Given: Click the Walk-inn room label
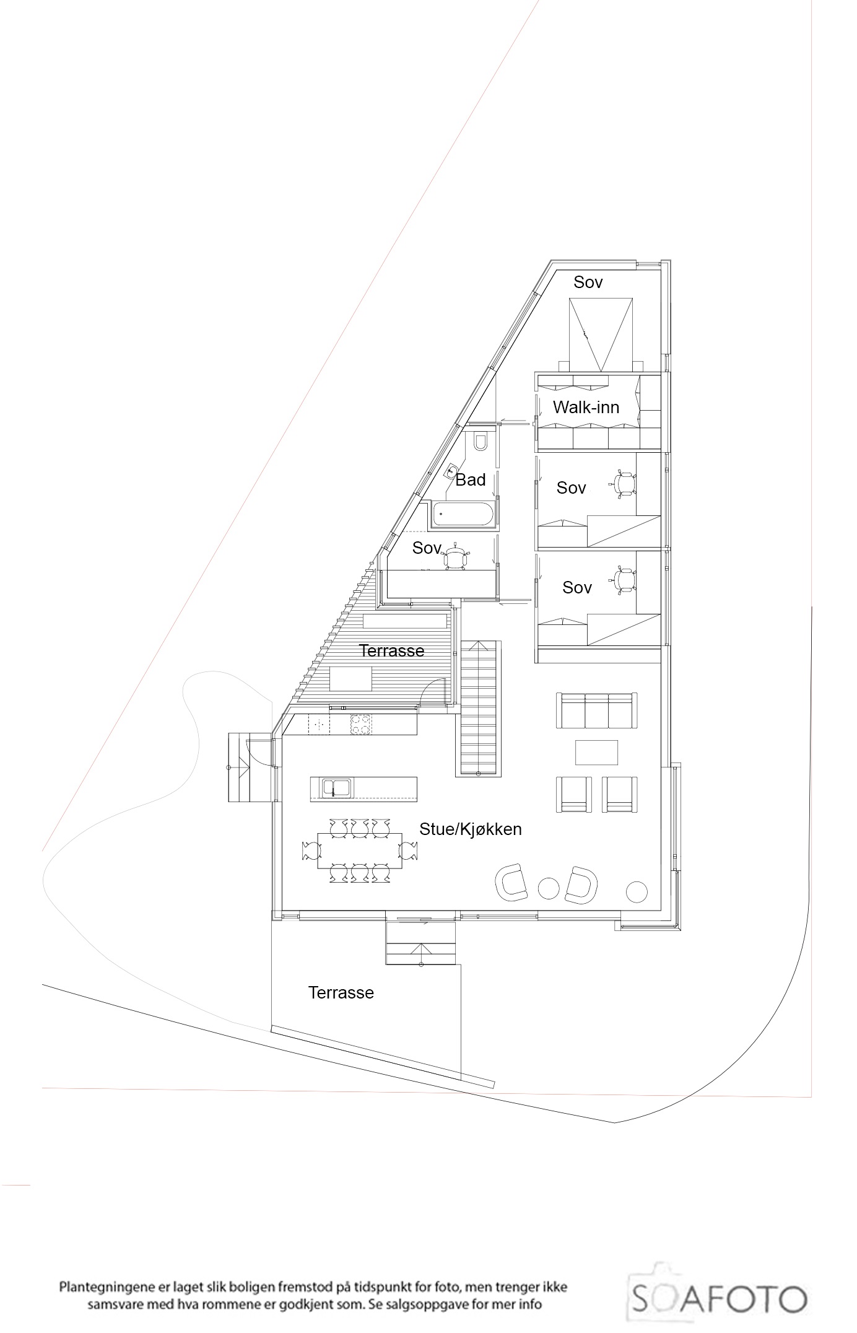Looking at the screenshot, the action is pyautogui.click(x=586, y=408).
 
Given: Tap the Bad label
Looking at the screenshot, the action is pyautogui.click(x=471, y=479).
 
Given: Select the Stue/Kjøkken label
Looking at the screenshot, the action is pyautogui.click(x=471, y=829).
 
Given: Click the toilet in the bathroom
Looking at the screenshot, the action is pyautogui.click(x=481, y=441).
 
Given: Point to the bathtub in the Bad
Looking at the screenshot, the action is pyautogui.click(x=463, y=514).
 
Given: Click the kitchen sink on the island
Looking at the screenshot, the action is pyautogui.click(x=335, y=788).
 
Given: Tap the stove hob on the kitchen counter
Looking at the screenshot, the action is pyautogui.click(x=361, y=725).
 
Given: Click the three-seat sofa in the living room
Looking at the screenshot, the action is pyautogui.click(x=598, y=710).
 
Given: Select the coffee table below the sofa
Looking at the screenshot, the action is pyautogui.click(x=596, y=753).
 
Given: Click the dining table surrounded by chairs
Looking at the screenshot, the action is pyautogui.click(x=359, y=850).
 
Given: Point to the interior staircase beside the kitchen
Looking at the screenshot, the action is pyautogui.click(x=479, y=709).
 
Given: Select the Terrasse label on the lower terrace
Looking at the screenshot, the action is pyautogui.click(x=341, y=993).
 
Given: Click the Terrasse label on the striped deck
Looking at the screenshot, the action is pyautogui.click(x=392, y=650).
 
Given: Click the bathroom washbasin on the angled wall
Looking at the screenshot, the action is pyautogui.click(x=452, y=471).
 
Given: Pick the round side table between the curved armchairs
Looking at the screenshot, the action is pyautogui.click(x=549, y=888).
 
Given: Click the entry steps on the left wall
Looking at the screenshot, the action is pyautogui.click(x=241, y=767).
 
